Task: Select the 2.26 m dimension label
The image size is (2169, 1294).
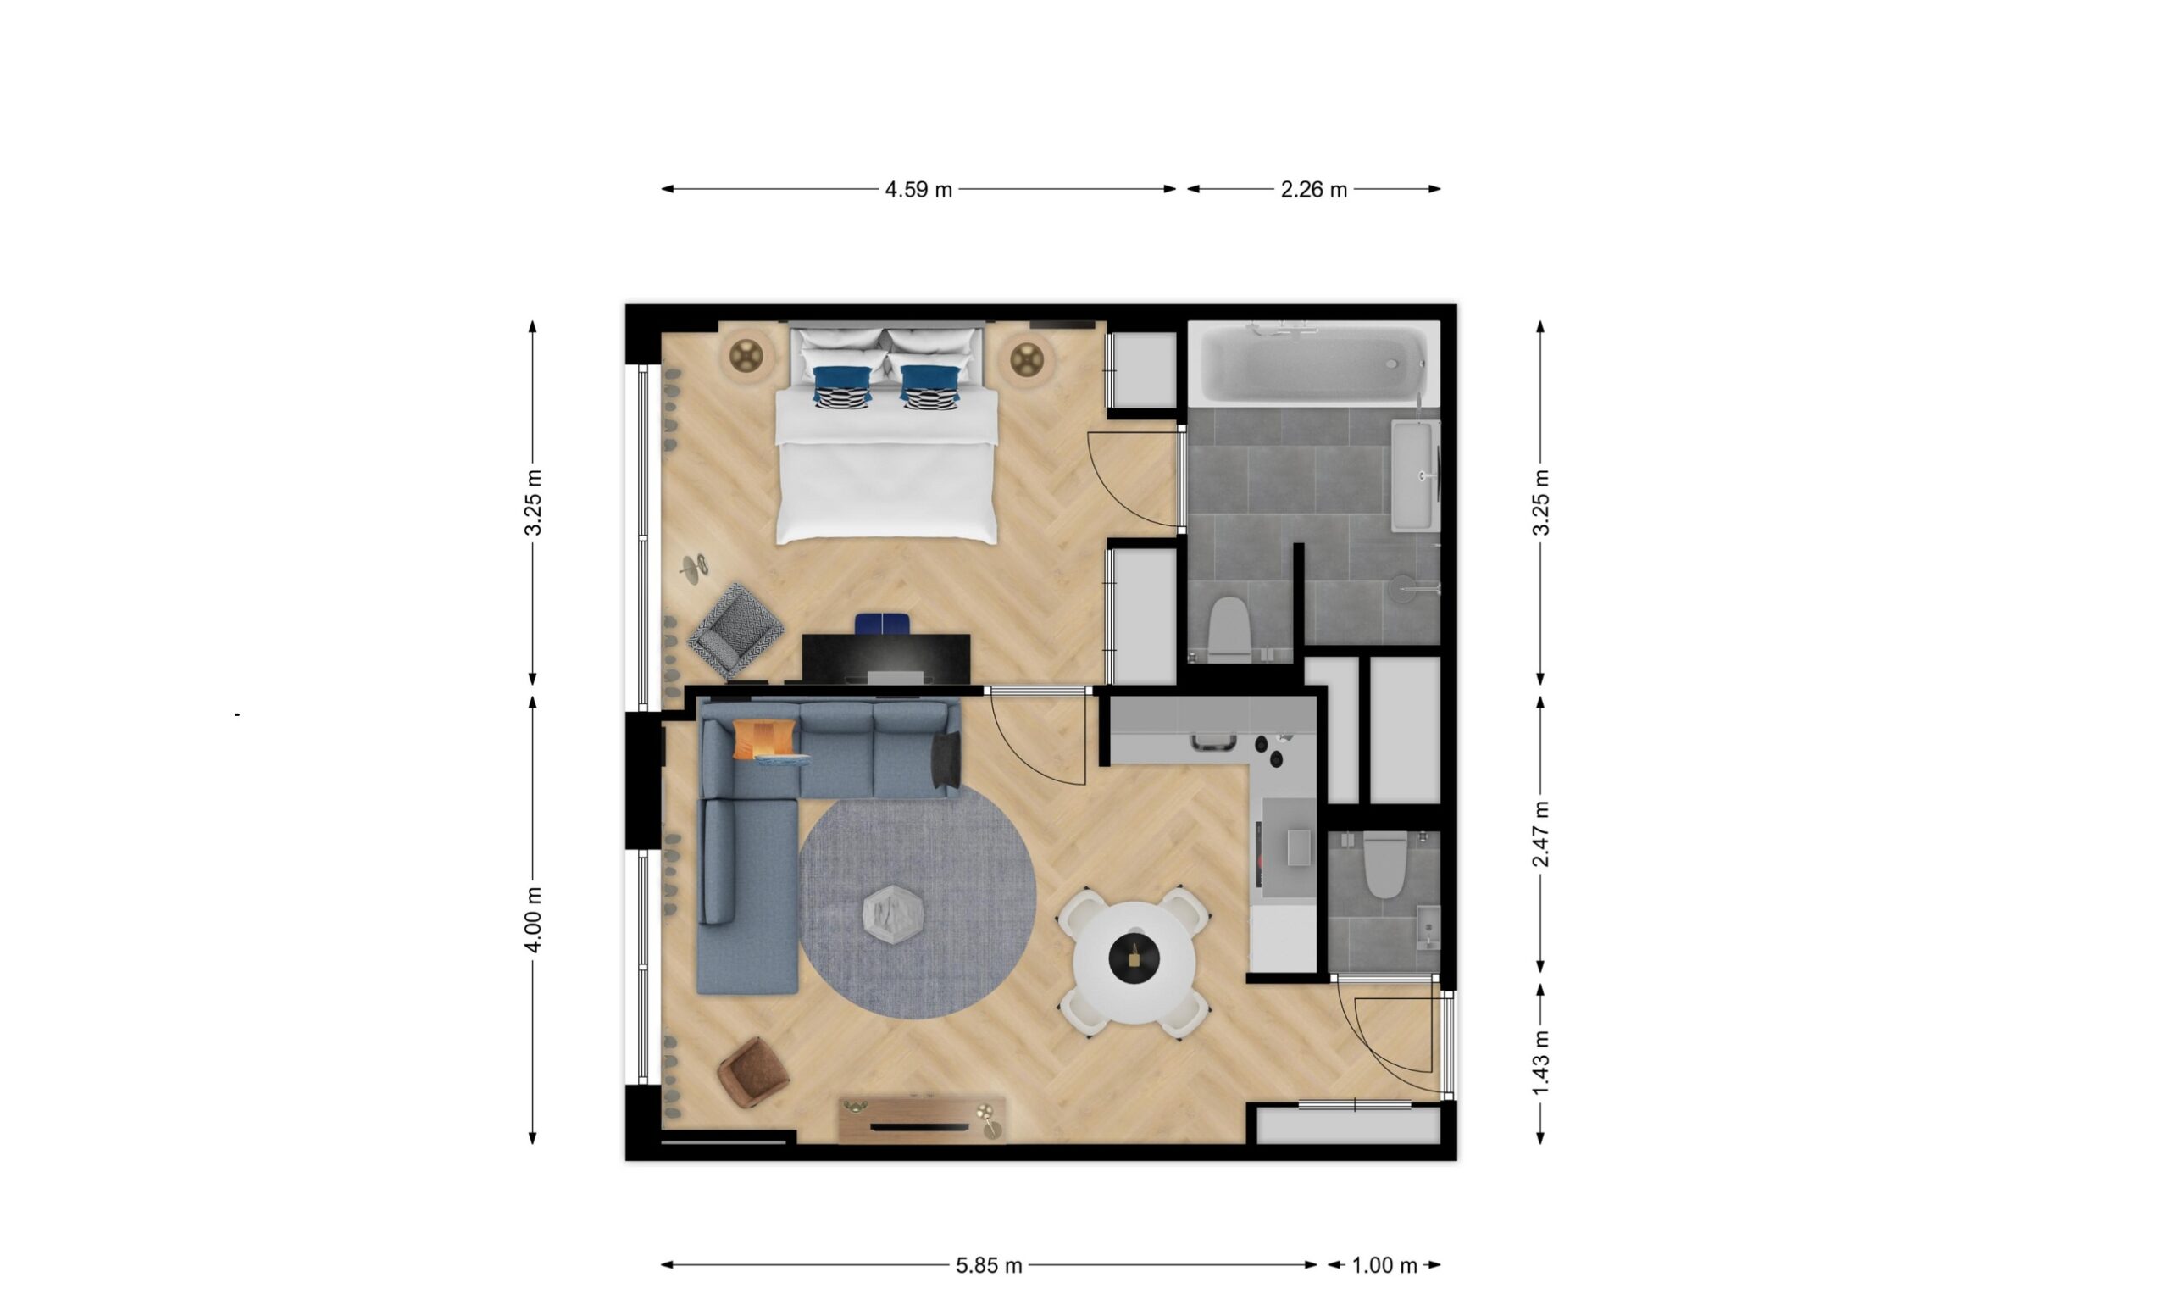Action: click(1313, 189)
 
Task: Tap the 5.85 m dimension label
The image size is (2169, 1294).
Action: click(989, 1265)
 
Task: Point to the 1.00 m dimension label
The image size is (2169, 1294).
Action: click(1384, 1265)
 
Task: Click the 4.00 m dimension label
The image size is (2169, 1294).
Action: click(534, 920)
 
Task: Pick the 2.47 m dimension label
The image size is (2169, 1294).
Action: click(1540, 835)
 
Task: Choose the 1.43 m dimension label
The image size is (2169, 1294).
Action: click(1540, 1064)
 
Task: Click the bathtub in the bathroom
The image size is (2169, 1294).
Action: click(1314, 364)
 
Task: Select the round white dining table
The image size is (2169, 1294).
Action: click(1134, 963)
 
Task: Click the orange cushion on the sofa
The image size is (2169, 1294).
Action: click(763, 739)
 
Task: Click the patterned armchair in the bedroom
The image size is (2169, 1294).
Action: click(735, 630)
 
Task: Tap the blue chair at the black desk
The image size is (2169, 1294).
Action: click(882, 625)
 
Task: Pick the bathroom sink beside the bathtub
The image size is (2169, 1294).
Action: click(1414, 476)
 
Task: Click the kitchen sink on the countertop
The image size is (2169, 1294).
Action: click(1212, 742)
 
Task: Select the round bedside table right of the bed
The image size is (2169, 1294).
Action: click(1026, 358)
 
